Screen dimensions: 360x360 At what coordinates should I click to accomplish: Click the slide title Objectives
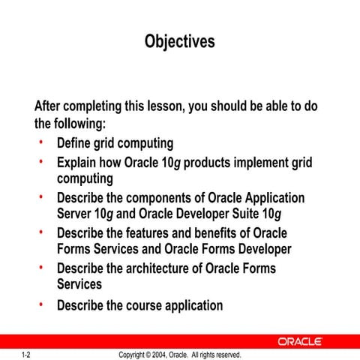pyautogui.click(x=179, y=41)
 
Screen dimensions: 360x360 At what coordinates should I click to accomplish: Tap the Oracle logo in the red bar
pyautogui.click(x=300, y=341)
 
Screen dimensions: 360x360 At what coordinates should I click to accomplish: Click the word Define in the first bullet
pyautogui.click(x=75, y=142)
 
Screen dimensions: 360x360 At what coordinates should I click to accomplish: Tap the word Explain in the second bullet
pyautogui.click(x=78, y=163)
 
